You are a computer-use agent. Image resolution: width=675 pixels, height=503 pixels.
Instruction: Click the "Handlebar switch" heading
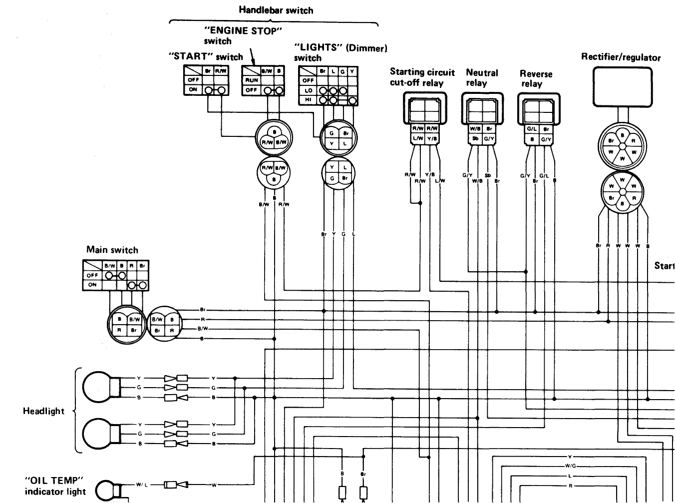click(x=276, y=9)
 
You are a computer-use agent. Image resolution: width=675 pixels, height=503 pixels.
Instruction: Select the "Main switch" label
click(x=112, y=250)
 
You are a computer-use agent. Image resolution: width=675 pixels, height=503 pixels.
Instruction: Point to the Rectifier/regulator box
click(x=622, y=87)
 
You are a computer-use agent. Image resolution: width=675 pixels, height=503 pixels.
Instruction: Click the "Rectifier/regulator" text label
click(x=621, y=57)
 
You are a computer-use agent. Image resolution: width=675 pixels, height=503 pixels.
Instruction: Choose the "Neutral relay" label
click(x=482, y=78)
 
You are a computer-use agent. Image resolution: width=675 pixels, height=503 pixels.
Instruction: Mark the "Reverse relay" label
click(x=536, y=79)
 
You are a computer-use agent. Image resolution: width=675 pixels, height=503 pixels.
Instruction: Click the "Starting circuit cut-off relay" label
click(x=422, y=77)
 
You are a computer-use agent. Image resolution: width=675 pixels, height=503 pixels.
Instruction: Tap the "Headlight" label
click(x=43, y=411)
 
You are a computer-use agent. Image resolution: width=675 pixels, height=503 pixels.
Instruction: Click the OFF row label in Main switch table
click(x=92, y=275)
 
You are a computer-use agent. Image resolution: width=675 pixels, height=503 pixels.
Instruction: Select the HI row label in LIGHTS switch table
click(x=308, y=100)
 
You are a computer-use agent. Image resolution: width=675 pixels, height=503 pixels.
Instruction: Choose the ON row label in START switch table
click(x=193, y=90)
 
